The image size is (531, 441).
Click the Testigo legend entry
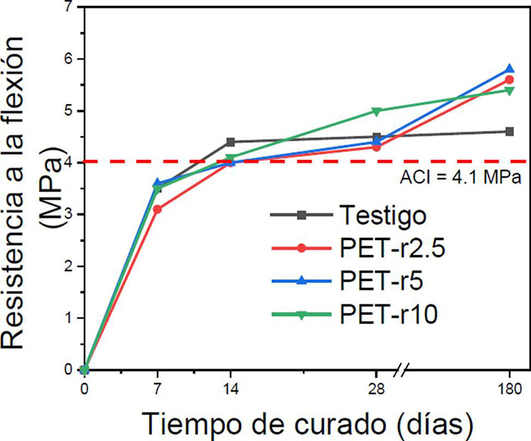click(x=382, y=215)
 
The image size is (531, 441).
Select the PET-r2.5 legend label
click(x=392, y=248)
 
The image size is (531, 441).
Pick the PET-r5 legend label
click(x=382, y=281)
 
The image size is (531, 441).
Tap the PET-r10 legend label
click(x=389, y=314)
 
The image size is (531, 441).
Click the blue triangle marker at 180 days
click(x=509, y=69)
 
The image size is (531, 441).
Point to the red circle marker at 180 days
click(x=509, y=80)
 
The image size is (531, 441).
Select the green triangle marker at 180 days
click(x=509, y=91)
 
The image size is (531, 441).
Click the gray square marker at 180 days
click(x=509, y=132)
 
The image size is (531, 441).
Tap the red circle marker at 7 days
click(x=157, y=210)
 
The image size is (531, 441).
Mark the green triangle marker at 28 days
click(x=376, y=111)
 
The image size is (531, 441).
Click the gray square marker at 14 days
click(x=231, y=142)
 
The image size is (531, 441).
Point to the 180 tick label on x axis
click(x=510, y=389)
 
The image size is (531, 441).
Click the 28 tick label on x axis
click(x=376, y=389)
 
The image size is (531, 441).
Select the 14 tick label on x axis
click(x=231, y=389)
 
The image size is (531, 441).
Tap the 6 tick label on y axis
click(x=69, y=59)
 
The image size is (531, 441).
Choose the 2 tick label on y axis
click(x=69, y=266)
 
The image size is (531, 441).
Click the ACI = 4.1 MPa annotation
click(x=461, y=177)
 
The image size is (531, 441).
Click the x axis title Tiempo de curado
click(x=307, y=424)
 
